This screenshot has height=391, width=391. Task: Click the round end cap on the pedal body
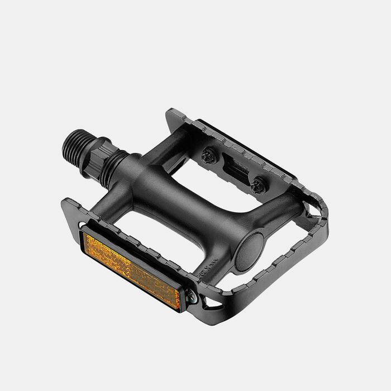pos(249,252)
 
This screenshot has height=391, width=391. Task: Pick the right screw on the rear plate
pos(258,185)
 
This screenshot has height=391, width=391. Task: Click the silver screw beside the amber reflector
pos(192,299)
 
